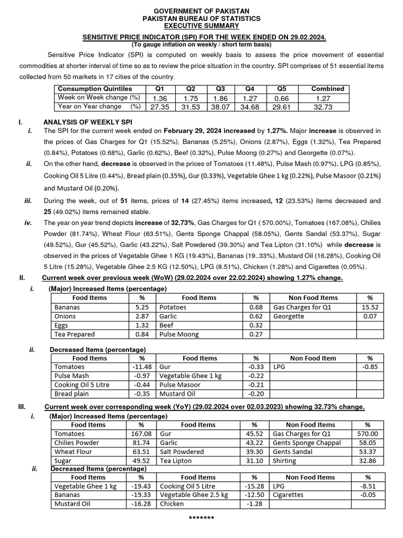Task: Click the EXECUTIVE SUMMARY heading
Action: click(201, 26)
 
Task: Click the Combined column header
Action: click(327, 89)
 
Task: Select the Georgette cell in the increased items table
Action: click(288, 316)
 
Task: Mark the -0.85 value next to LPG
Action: click(370, 367)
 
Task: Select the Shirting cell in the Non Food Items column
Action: click(284, 461)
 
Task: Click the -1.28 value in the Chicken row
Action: click(254, 504)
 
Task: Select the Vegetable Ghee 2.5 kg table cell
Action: click(194, 495)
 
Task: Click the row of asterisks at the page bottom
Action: click(201, 519)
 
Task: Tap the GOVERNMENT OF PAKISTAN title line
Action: click(201, 11)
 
